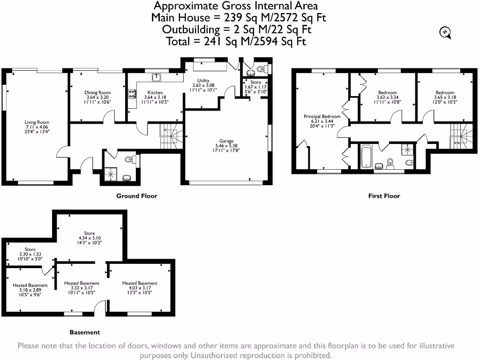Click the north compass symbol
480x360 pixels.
click(444, 32)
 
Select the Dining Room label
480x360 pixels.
click(97, 93)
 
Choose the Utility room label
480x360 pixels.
click(203, 81)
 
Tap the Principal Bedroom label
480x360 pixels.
click(321, 116)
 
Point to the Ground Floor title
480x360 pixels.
click(137, 196)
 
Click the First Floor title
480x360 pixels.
click(384, 196)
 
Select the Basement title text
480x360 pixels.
click(85, 332)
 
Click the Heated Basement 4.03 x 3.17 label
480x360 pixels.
click(140, 283)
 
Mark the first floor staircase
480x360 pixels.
click(461, 136)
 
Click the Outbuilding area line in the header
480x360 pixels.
click(236, 30)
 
